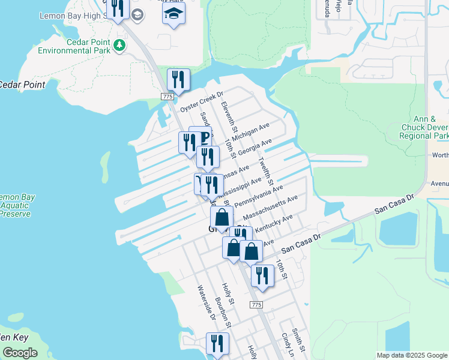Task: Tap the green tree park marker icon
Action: point(120,45)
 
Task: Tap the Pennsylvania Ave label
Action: point(259,196)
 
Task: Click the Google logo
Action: point(20,353)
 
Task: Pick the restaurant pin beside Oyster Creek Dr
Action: point(178,80)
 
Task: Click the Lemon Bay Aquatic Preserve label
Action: point(16,205)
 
